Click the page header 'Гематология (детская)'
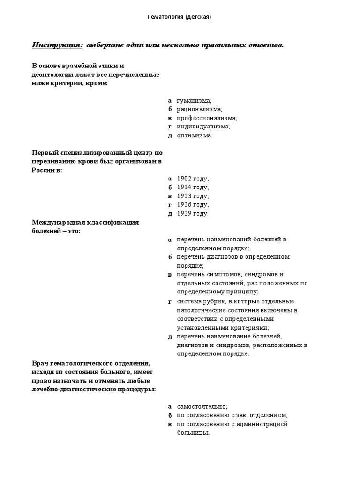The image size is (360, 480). coord(180,17)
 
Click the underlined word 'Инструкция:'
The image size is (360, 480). coord(57,45)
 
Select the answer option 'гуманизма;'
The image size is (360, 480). coord(194,100)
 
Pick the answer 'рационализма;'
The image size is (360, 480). coord(199,109)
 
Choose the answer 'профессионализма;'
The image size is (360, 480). coord(207,118)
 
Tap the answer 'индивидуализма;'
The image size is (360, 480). coord(203,127)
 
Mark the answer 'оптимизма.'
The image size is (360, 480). coord(195,135)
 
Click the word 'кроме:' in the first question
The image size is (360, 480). coord(97,83)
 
